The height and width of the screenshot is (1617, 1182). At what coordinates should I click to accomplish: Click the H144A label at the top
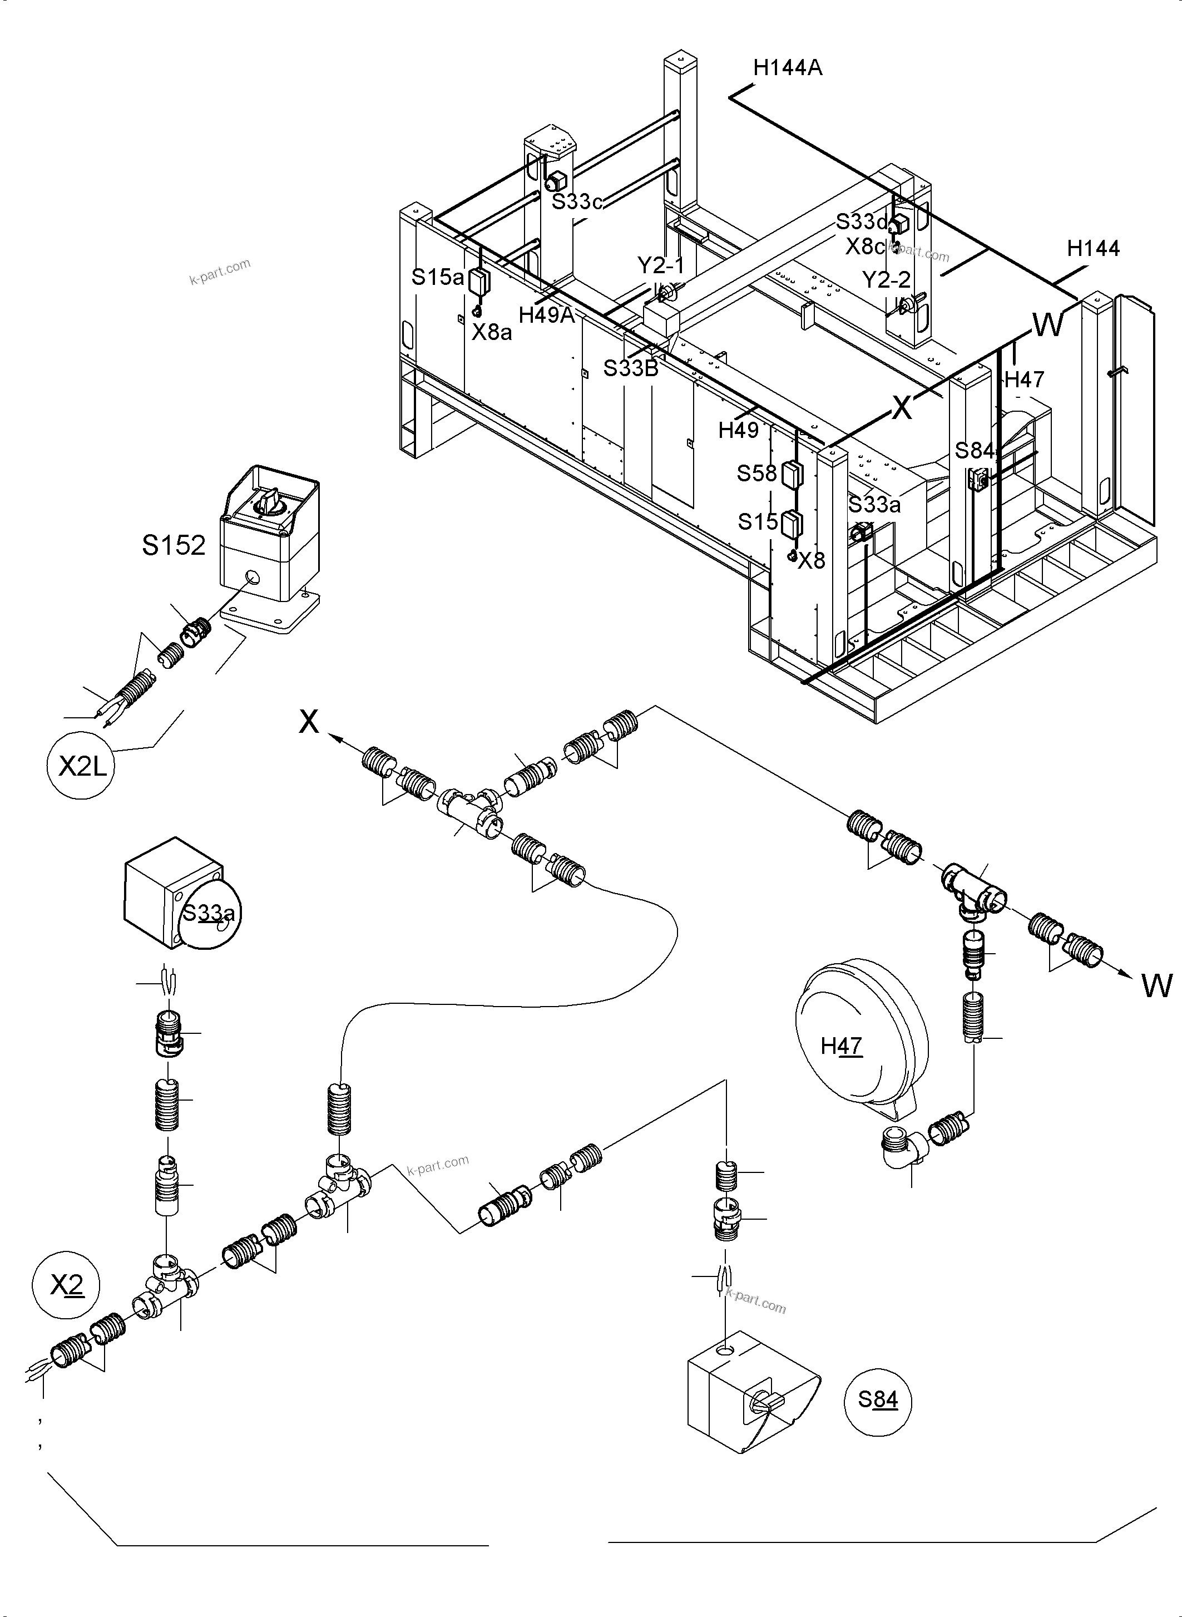787,68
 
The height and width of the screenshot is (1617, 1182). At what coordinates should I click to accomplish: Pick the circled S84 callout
877,1399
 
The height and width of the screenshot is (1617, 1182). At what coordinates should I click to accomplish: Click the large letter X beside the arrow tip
308,722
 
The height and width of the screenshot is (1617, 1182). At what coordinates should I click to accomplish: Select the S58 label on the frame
756,473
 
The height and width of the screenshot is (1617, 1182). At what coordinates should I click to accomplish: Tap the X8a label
492,332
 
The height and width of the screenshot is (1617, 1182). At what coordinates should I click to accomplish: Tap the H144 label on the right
1092,248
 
